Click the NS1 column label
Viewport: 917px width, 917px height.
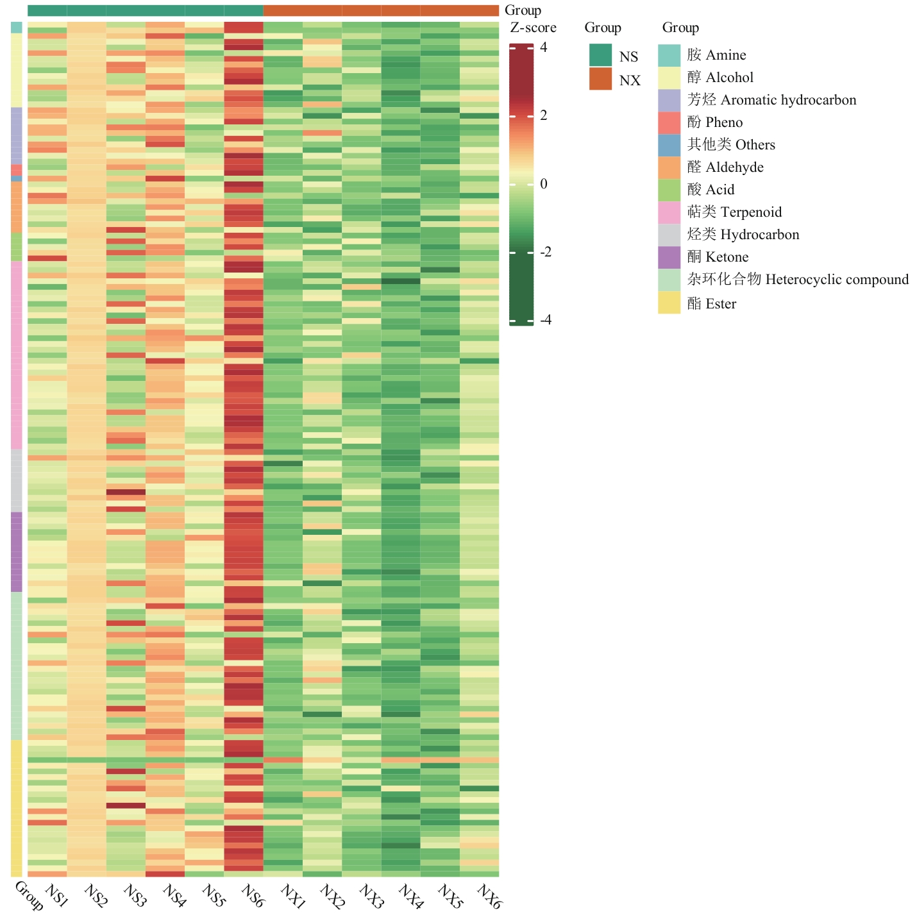57,895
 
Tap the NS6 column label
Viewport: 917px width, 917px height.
253,895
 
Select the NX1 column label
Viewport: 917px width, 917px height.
292,895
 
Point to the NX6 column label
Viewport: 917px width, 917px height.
489,895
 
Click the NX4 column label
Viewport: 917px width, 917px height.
411,895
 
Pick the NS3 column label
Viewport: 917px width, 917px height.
135,895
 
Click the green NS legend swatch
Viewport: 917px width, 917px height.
600,56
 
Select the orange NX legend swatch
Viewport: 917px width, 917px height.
600,79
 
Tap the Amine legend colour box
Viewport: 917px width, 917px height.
669,55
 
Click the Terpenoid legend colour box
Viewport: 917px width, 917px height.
669,212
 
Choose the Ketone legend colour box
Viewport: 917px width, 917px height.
669,257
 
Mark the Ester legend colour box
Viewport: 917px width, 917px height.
669,303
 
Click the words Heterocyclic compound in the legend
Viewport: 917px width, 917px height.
837,280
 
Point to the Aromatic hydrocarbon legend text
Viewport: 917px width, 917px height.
788,100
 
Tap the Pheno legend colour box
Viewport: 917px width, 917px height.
669,122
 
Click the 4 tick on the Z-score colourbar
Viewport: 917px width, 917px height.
544,47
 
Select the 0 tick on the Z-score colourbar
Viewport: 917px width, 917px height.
544,184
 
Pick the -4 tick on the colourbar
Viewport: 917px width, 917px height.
546,320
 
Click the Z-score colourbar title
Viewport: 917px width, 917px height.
533,28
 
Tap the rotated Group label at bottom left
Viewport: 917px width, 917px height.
29,896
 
